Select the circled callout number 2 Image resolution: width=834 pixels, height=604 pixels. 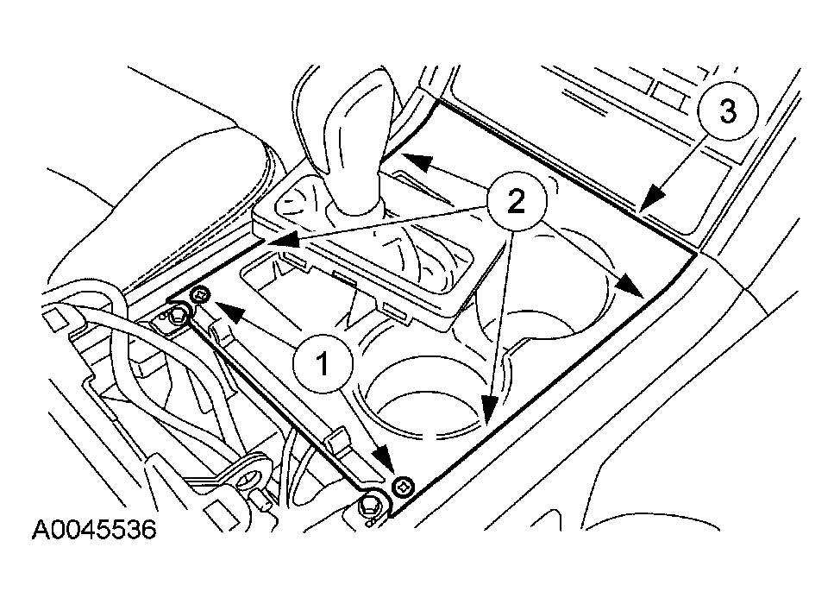click(516, 203)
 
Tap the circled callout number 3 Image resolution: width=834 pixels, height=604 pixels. click(728, 111)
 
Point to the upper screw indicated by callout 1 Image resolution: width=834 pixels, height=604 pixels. click(200, 293)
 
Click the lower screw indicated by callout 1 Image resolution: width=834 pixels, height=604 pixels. click(403, 485)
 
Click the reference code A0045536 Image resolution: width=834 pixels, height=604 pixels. click(94, 530)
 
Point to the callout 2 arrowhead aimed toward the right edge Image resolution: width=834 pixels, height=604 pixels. click(630, 285)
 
